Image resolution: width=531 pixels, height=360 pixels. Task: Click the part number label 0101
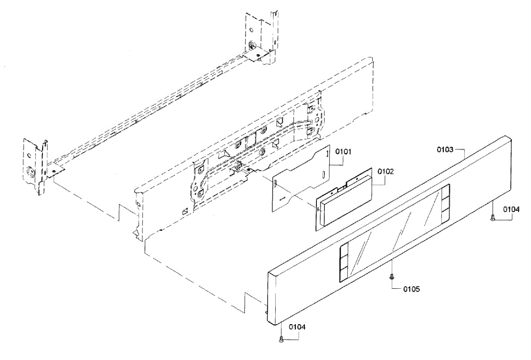[x=343, y=152]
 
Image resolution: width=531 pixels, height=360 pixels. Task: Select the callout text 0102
[x=385, y=171]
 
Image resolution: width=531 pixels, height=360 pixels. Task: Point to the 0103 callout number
[x=445, y=149]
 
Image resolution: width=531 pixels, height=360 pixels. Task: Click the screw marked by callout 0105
[x=391, y=276]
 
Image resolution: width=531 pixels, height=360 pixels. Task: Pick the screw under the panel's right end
[x=493, y=216]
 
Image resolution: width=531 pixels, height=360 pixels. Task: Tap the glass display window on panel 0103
[x=394, y=239]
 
